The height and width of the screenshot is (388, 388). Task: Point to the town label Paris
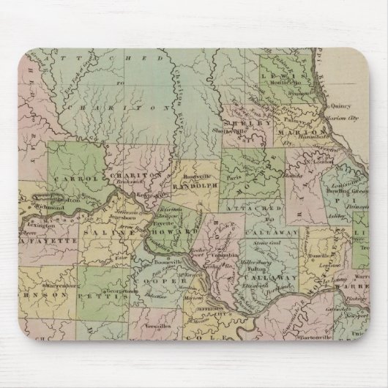click(x=236, y=176)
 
